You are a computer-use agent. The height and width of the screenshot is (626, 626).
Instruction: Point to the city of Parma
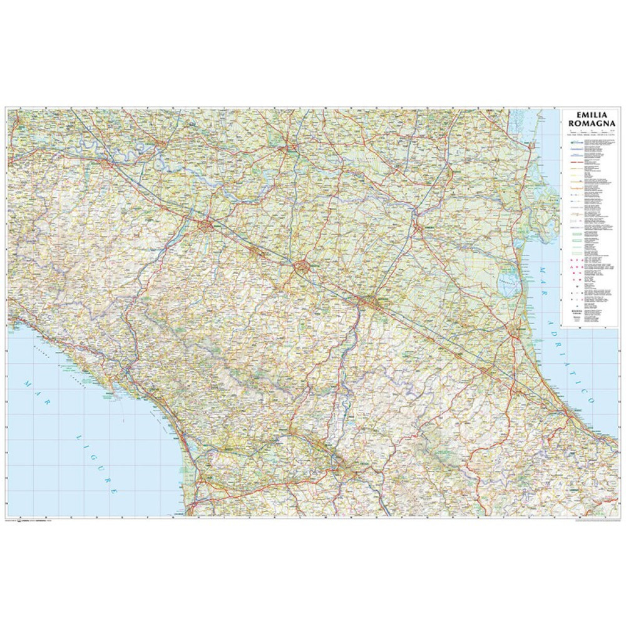(x=207, y=224)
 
